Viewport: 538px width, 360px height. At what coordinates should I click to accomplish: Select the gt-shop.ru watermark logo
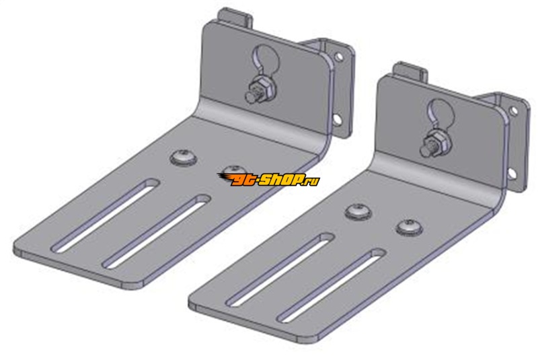click(268, 180)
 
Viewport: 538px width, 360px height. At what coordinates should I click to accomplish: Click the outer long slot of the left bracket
click(105, 215)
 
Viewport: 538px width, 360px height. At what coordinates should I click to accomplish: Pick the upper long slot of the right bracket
click(280, 269)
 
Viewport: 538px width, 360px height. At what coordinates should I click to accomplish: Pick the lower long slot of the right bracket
click(332, 285)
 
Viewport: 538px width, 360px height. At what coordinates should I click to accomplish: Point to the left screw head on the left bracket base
click(184, 157)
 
